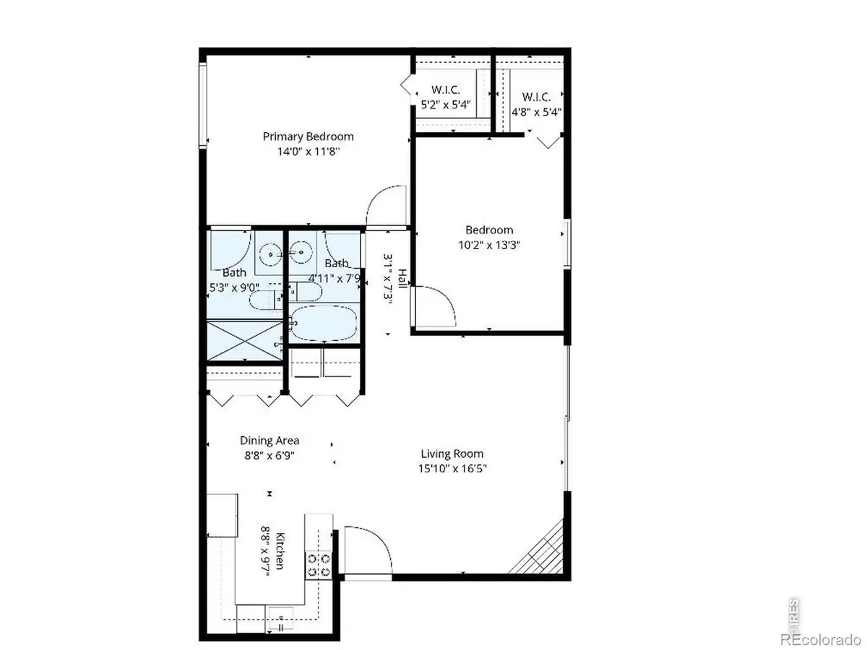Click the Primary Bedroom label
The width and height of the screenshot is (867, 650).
308,136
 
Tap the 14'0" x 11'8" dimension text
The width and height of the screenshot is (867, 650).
308,152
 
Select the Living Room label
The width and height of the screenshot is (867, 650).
452,454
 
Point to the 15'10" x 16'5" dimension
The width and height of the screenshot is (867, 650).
452,469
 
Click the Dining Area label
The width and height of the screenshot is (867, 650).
269,441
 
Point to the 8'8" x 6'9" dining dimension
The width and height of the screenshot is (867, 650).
269,456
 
